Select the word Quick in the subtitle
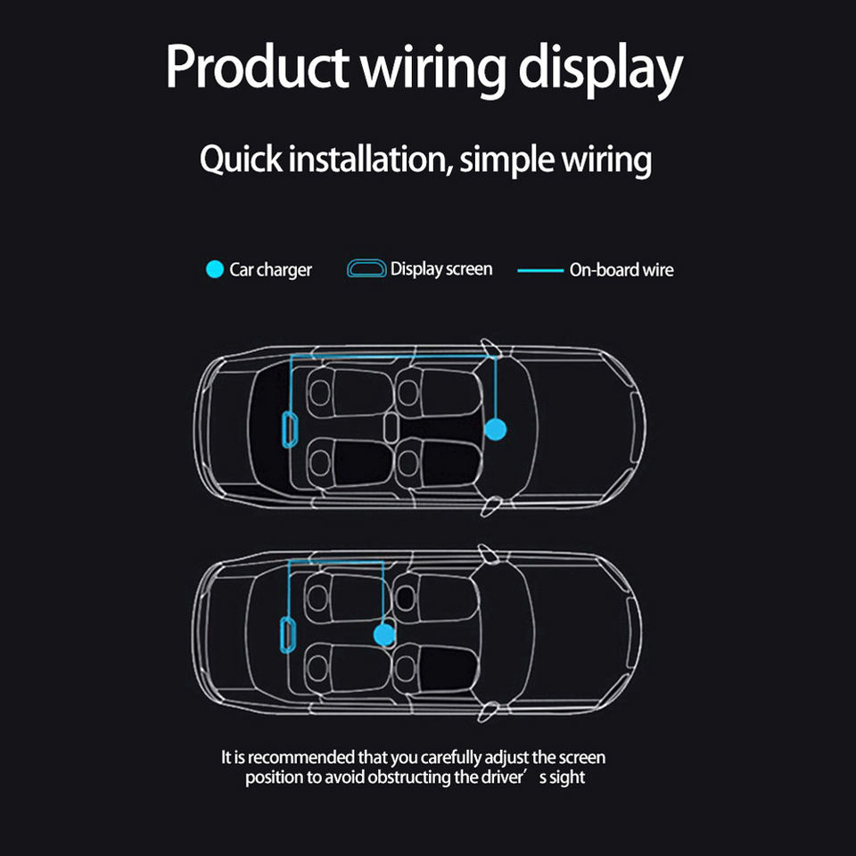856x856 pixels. click(x=235, y=160)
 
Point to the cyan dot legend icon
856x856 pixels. click(x=214, y=269)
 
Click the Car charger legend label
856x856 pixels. click(x=270, y=269)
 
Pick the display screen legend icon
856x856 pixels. click(x=366, y=268)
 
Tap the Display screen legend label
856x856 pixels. click(x=441, y=268)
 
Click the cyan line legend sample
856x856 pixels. click(x=540, y=269)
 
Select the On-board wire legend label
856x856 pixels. click(x=621, y=269)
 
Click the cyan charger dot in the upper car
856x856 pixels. click(x=495, y=430)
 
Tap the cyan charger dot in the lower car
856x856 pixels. click(x=383, y=634)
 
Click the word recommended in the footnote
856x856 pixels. click(x=300, y=758)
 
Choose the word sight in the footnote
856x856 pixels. click(x=566, y=778)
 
